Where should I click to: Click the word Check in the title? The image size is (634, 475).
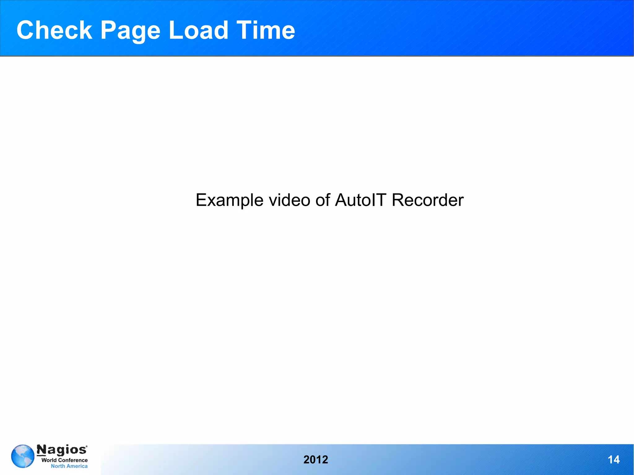pos(54,30)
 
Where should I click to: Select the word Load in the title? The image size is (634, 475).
pos(198,30)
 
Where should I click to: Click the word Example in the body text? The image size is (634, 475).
pos(229,200)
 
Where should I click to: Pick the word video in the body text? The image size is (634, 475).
pos(289,200)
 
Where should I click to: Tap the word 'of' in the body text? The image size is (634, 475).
pos(323,200)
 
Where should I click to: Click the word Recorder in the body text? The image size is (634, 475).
pos(428,200)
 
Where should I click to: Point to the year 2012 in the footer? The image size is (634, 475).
pos(315,460)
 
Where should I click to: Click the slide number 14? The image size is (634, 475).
pos(614,460)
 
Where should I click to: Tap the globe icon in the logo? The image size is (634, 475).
pos(23,456)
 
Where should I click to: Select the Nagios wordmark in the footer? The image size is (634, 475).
pos(62,450)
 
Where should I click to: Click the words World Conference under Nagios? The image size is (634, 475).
pos(64,460)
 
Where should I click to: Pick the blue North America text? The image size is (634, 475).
pos(69,466)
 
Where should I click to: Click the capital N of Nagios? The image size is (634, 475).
pos(41,450)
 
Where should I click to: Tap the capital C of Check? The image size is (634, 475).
pos(26,30)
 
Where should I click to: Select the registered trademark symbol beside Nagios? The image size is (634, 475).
pos(86,446)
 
